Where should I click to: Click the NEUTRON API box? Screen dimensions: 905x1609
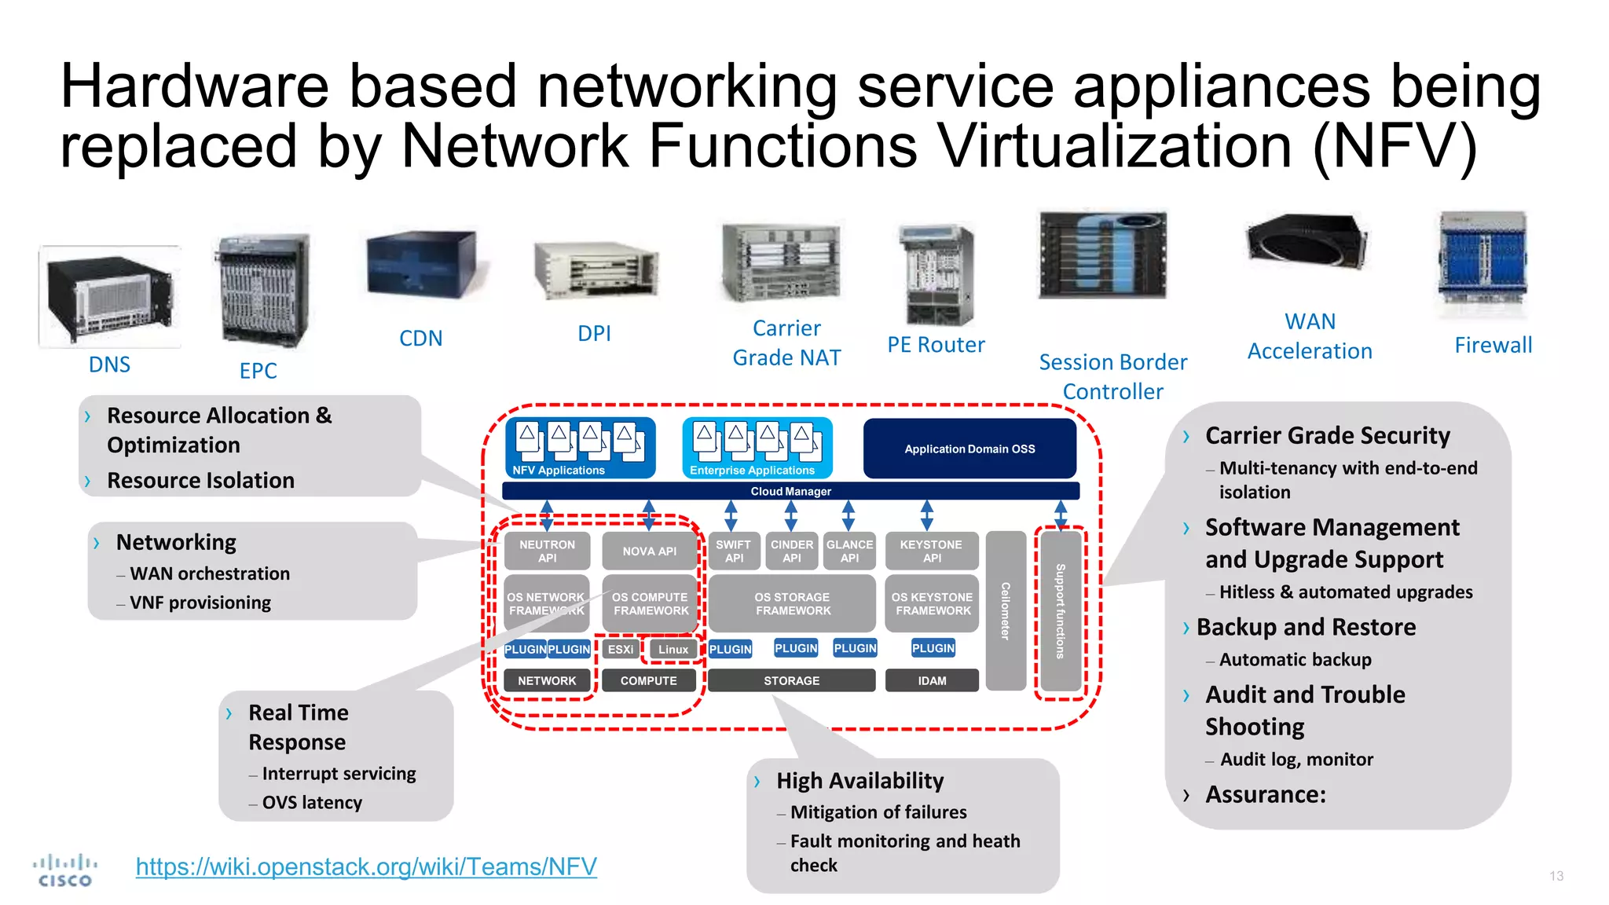click(547, 551)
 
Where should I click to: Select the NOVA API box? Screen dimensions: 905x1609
click(649, 551)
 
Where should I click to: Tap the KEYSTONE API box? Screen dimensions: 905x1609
click(931, 551)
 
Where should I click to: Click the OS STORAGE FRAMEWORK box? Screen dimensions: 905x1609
click(792, 603)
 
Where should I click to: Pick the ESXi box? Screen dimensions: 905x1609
click(620, 649)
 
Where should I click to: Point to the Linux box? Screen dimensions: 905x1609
click(673, 649)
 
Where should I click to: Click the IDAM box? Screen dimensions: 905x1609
click(932, 680)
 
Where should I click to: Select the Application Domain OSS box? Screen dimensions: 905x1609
click(969, 449)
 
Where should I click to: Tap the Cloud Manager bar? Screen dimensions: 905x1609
click(790, 491)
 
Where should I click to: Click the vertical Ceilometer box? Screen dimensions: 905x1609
click(1006, 610)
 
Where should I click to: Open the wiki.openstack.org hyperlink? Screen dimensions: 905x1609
click(366, 866)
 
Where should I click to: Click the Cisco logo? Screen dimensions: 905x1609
click(65, 870)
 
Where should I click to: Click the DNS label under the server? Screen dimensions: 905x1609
click(109, 365)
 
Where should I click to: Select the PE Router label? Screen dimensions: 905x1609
click(935, 344)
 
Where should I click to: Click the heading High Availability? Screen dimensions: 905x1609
click(859, 780)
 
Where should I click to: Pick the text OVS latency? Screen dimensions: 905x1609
click(312, 802)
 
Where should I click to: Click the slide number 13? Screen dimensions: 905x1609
click(1556, 876)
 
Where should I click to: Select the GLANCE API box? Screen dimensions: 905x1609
click(849, 551)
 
